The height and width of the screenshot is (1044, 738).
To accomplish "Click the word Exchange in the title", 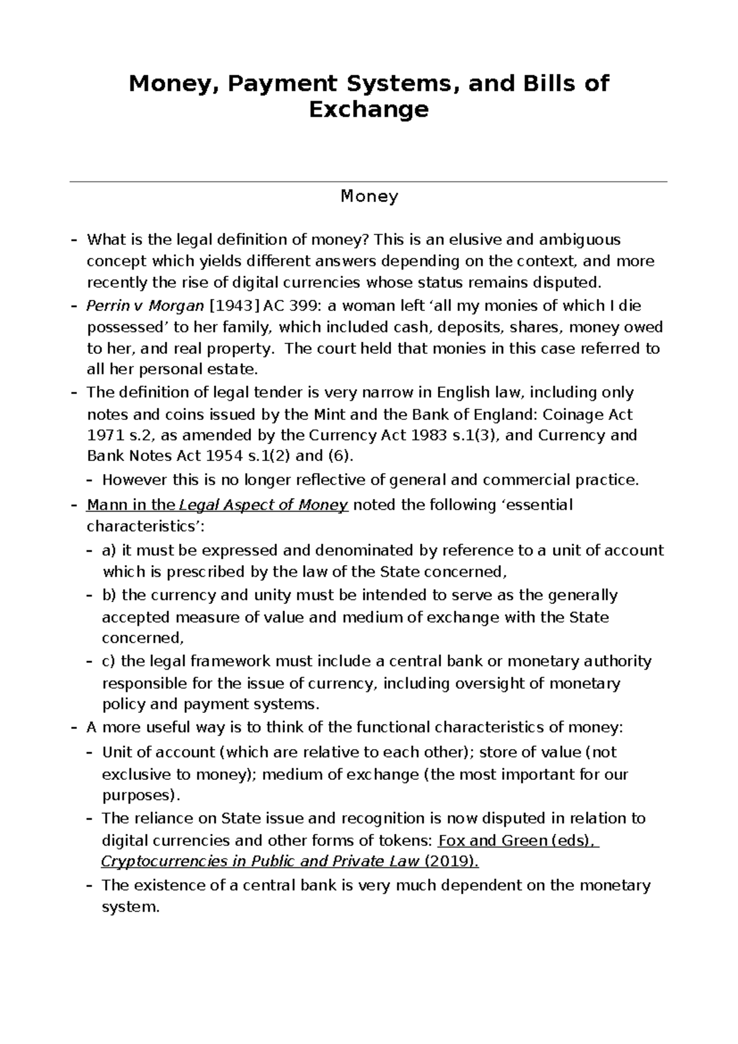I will pyautogui.click(x=368, y=110).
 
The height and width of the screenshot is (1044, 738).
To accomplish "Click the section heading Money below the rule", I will pyautogui.click(x=369, y=196).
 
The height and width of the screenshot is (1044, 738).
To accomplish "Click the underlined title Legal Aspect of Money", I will pyautogui.click(x=263, y=505).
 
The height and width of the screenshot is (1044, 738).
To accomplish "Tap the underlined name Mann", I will pyautogui.click(x=106, y=505).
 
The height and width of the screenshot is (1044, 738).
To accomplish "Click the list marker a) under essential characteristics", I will pyautogui.click(x=109, y=550).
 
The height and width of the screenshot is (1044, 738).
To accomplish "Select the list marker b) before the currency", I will pyautogui.click(x=109, y=595).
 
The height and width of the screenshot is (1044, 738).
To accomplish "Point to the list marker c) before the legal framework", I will pyautogui.click(x=109, y=662).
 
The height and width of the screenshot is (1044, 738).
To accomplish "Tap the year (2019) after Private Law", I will pyautogui.click(x=451, y=862).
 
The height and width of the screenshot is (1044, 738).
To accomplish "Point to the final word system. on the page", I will pyautogui.click(x=130, y=907).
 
